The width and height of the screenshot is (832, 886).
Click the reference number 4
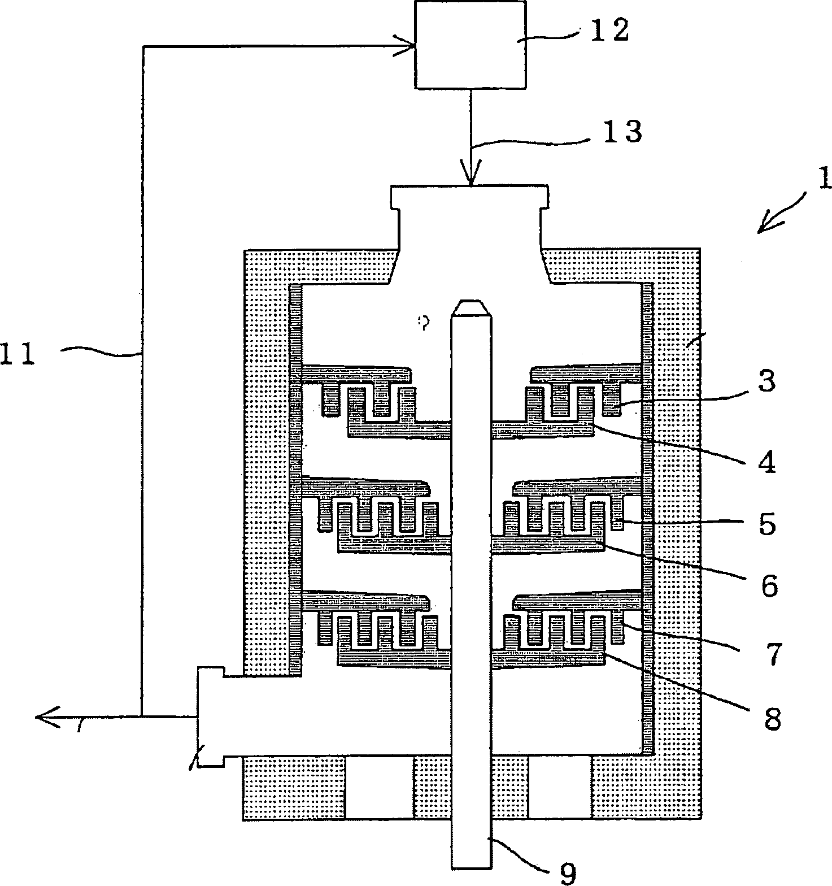pyautogui.click(x=766, y=463)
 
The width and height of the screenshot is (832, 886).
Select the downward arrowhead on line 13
pyautogui.click(x=471, y=172)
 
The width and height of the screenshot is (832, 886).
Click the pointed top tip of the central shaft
pyautogui.click(x=471, y=305)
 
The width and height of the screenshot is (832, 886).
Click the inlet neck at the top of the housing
pyautogui.click(x=470, y=232)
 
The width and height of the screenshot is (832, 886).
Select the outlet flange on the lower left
pyautogui.click(x=210, y=716)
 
